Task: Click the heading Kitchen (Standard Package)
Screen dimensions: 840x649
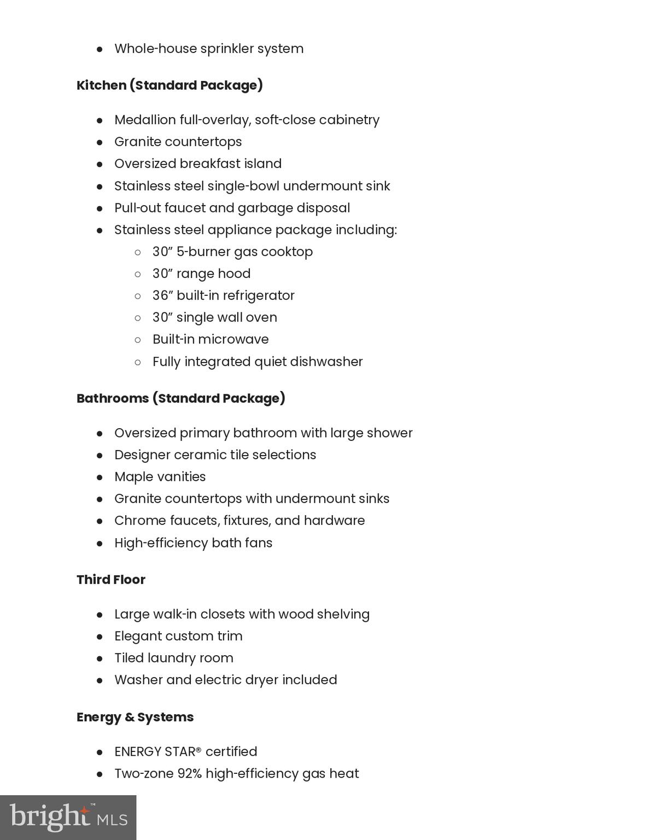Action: [169, 85]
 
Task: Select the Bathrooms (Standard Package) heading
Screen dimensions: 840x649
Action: [180, 398]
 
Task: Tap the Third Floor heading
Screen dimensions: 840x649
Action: [111, 580]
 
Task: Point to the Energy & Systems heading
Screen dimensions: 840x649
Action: [135, 717]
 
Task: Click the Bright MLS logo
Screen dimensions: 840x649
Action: [68, 817]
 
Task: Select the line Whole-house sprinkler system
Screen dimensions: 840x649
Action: [209, 49]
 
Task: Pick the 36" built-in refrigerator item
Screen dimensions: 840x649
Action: [223, 295]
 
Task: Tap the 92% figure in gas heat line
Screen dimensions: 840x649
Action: [189, 774]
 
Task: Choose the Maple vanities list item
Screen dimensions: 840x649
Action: [160, 477]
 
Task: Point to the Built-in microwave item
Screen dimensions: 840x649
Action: [211, 339]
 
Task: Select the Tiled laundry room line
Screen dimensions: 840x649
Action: [173, 658]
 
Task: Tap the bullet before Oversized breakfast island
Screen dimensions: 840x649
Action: [100, 164]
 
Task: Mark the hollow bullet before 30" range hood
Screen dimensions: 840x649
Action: [138, 274]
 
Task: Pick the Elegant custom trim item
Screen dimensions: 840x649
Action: [178, 636]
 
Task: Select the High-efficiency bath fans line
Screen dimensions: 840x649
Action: [193, 543]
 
